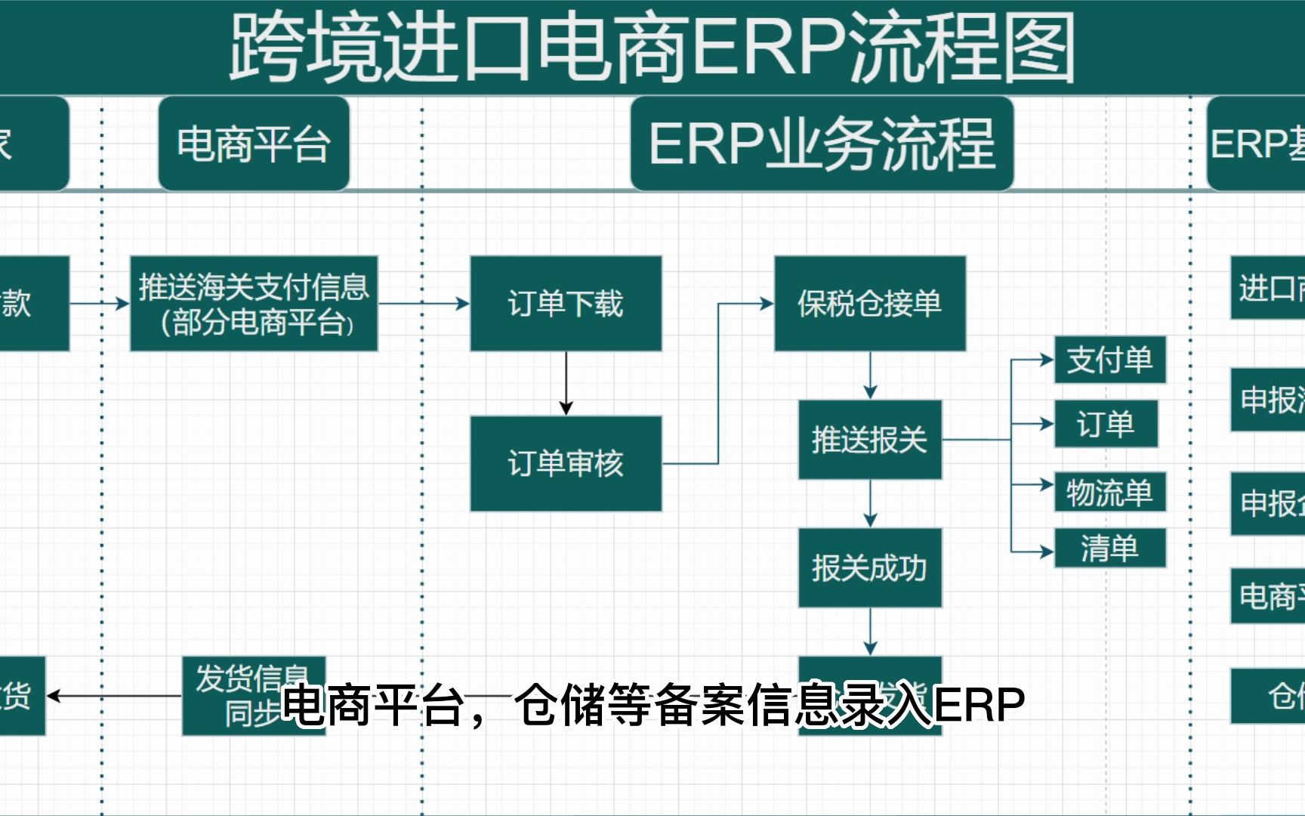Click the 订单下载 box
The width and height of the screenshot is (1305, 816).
pos(566,304)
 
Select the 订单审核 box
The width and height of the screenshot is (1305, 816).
pos(566,463)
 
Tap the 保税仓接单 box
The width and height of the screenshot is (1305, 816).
pos(869,304)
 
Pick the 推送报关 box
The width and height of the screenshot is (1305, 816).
pos(869,439)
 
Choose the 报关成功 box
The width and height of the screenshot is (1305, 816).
pos(869,567)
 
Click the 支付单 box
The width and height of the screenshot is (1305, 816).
pos(1109,360)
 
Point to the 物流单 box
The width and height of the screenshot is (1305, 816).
pos(1109,493)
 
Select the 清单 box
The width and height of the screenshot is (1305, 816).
pos(1109,548)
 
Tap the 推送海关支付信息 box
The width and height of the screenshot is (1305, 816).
pos(254,304)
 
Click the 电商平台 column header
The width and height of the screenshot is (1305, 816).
pos(254,144)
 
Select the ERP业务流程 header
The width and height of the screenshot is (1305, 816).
pos(822,144)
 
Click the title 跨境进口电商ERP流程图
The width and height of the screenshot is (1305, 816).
pos(652,47)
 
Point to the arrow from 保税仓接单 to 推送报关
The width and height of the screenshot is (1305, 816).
pos(870,376)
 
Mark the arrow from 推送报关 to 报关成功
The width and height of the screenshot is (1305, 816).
pos(870,504)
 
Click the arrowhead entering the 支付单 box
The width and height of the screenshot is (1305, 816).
pos(1047,360)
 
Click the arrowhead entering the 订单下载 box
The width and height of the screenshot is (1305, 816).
pos(461,304)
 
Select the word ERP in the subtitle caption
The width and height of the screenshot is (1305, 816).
pos(979,705)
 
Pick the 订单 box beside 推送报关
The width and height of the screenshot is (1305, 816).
pos(1106,424)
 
